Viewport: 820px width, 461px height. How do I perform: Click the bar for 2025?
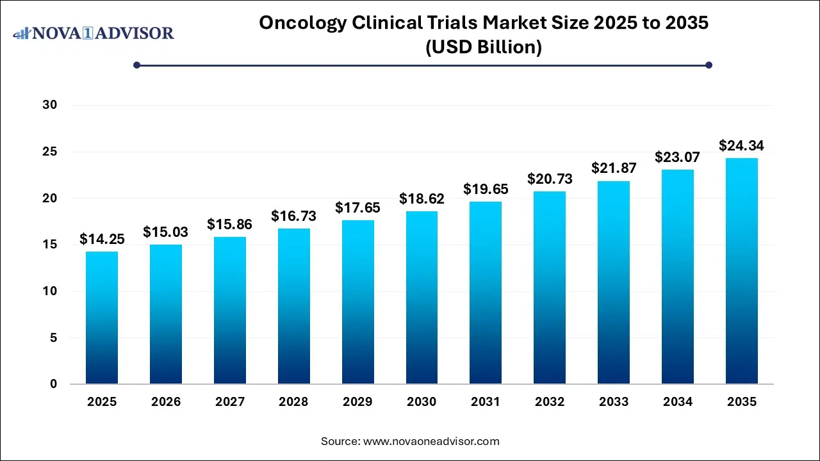(x=102, y=318)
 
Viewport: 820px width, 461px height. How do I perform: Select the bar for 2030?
(x=422, y=298)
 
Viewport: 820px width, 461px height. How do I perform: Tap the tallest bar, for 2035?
(x=741, y=271)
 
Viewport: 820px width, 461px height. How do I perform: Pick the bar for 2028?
(x=293, y=306)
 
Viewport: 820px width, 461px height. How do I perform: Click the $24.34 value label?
(x=741, y=146)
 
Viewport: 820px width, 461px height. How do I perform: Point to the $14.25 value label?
(x=102, y=239)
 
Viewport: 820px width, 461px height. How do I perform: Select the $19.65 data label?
(x=486, y=190)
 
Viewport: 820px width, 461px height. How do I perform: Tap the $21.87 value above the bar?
(x=613, y=169)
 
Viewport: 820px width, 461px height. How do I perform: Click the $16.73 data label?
(x=293, y=216)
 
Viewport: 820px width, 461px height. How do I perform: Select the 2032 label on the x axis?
(x=550, y=402)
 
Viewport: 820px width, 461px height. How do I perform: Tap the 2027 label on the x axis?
(x=229, y=402)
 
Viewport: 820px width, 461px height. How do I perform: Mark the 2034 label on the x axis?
(x=677, y=402)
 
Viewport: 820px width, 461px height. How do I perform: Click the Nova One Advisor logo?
(x=94, y=33)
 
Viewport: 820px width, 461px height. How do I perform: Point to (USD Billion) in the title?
(x=484, y=47)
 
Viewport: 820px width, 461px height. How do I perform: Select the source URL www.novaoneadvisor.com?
(x=431, y=441)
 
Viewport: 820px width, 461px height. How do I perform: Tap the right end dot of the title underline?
(x=709, y=65)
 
